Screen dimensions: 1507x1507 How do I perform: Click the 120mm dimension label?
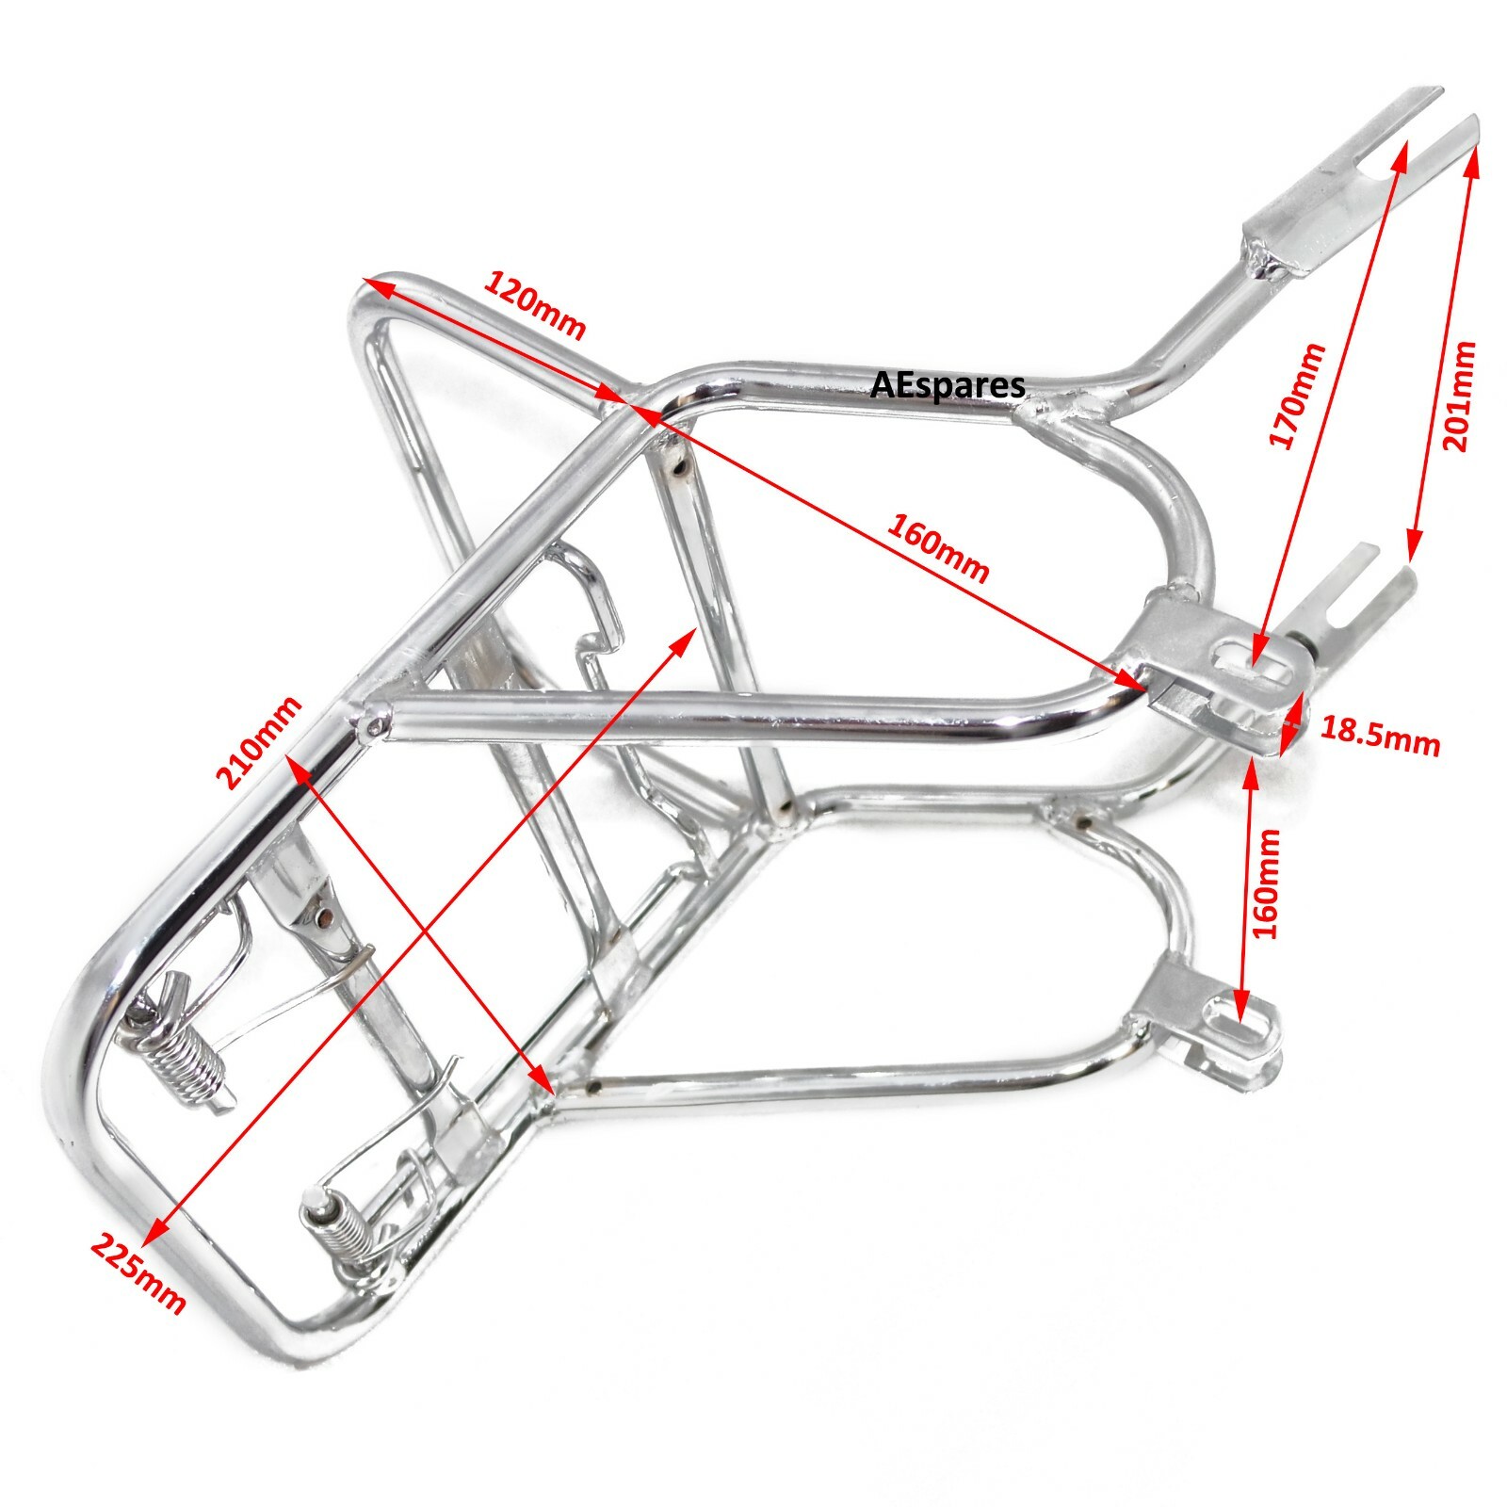[x=535, y=303]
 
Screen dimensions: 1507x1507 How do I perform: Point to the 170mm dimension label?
[x=1298, y=396]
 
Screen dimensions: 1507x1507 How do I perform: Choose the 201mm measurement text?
[x=1456, y=396]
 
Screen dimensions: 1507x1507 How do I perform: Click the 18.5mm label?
[x=1381, y=736]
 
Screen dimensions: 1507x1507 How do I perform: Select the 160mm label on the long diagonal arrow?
[x=937, y=548]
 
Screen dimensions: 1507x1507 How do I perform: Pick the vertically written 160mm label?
[x=1268, y=883]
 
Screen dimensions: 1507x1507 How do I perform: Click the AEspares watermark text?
[x=948, y=384]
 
